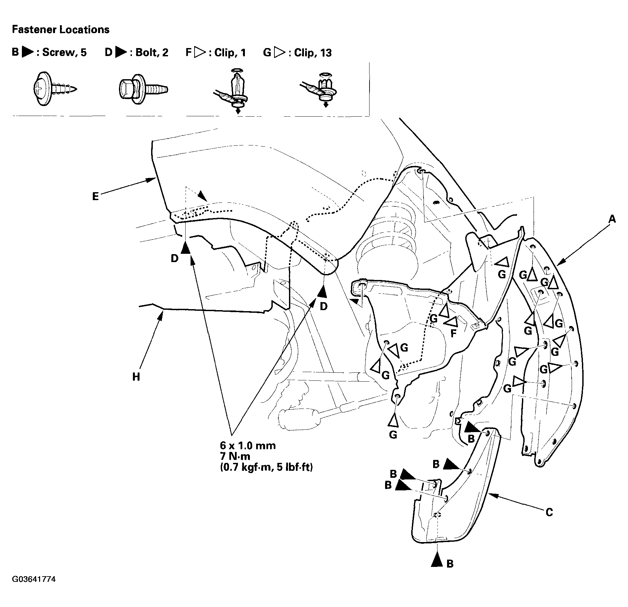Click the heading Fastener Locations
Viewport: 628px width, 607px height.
[61, 30]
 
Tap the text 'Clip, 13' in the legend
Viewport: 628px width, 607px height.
[313, 53]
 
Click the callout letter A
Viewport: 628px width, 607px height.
[612, 219]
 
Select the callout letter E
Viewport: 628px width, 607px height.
[95, 196]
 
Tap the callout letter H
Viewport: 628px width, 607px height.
[136, 377]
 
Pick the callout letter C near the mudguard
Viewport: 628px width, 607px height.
[549, 513]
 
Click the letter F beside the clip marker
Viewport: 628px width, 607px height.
[454, 333]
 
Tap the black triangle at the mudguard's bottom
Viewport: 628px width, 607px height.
[437, 560]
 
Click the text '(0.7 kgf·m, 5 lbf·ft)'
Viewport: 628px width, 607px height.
[266, 468]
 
